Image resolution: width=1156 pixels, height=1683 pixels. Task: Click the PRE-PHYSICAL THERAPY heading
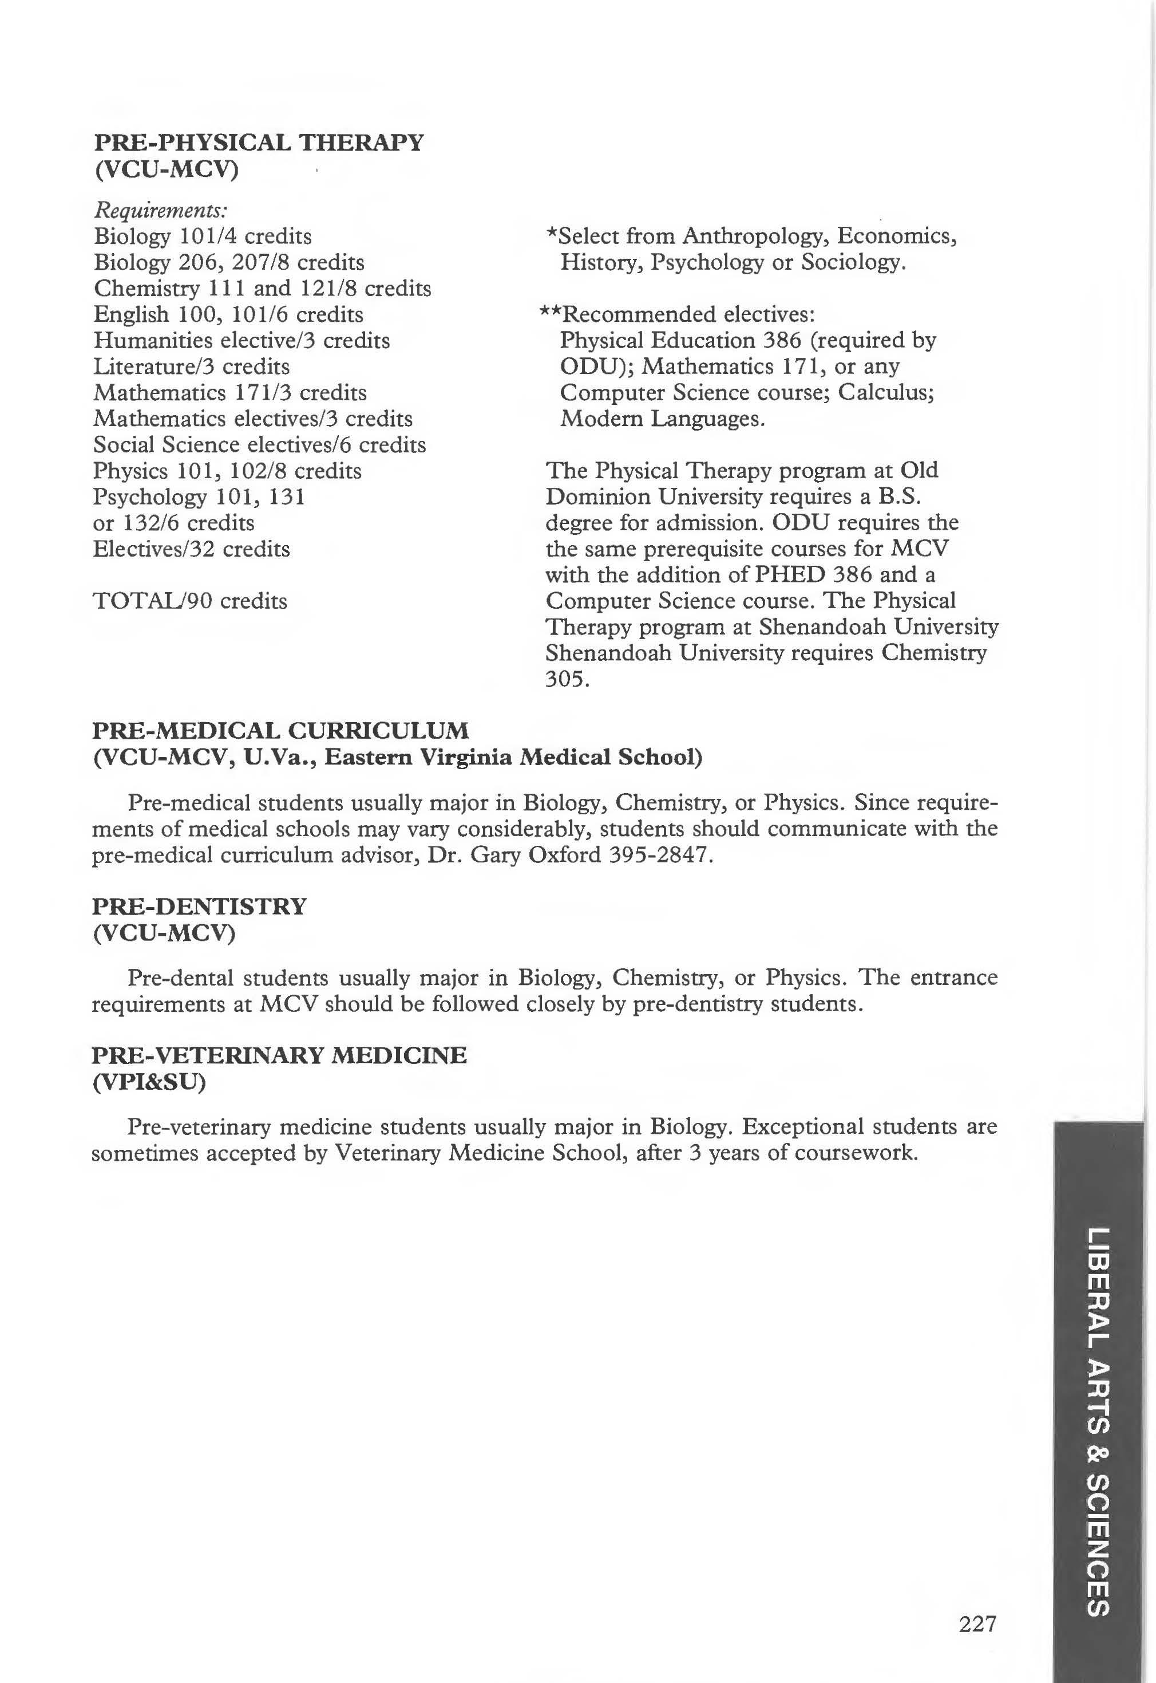point(259,142)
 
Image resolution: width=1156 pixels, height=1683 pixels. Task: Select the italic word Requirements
point(161,210)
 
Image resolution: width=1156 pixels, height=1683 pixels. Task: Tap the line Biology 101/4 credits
point(203,237)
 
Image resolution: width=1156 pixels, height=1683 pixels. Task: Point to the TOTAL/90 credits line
point(190,601)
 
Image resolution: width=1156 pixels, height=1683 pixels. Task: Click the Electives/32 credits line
point(191,549)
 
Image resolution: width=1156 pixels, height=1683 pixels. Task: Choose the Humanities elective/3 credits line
point(241,341)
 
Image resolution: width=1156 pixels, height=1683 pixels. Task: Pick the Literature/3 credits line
point(191,366)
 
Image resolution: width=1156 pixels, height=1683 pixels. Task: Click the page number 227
point(978,1624)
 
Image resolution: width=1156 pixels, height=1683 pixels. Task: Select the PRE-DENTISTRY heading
point(199,906)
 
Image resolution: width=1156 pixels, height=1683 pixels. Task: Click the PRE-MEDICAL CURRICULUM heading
point(280,730)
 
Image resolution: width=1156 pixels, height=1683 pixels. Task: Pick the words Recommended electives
point(689,314)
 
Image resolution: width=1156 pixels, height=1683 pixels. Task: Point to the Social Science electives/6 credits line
point(259,445)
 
